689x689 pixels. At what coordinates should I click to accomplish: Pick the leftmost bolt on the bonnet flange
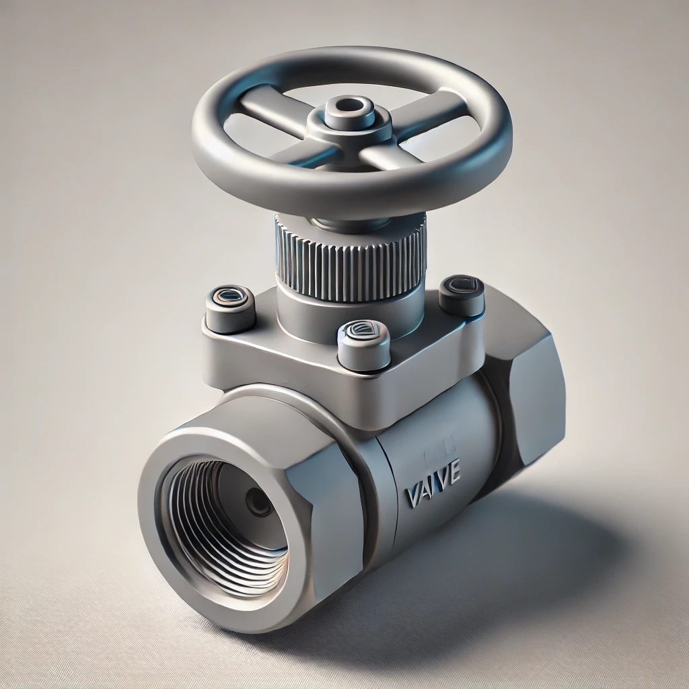click(x=229, y=307)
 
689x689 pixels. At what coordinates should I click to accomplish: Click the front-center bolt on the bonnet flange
click(x=363, y=343)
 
